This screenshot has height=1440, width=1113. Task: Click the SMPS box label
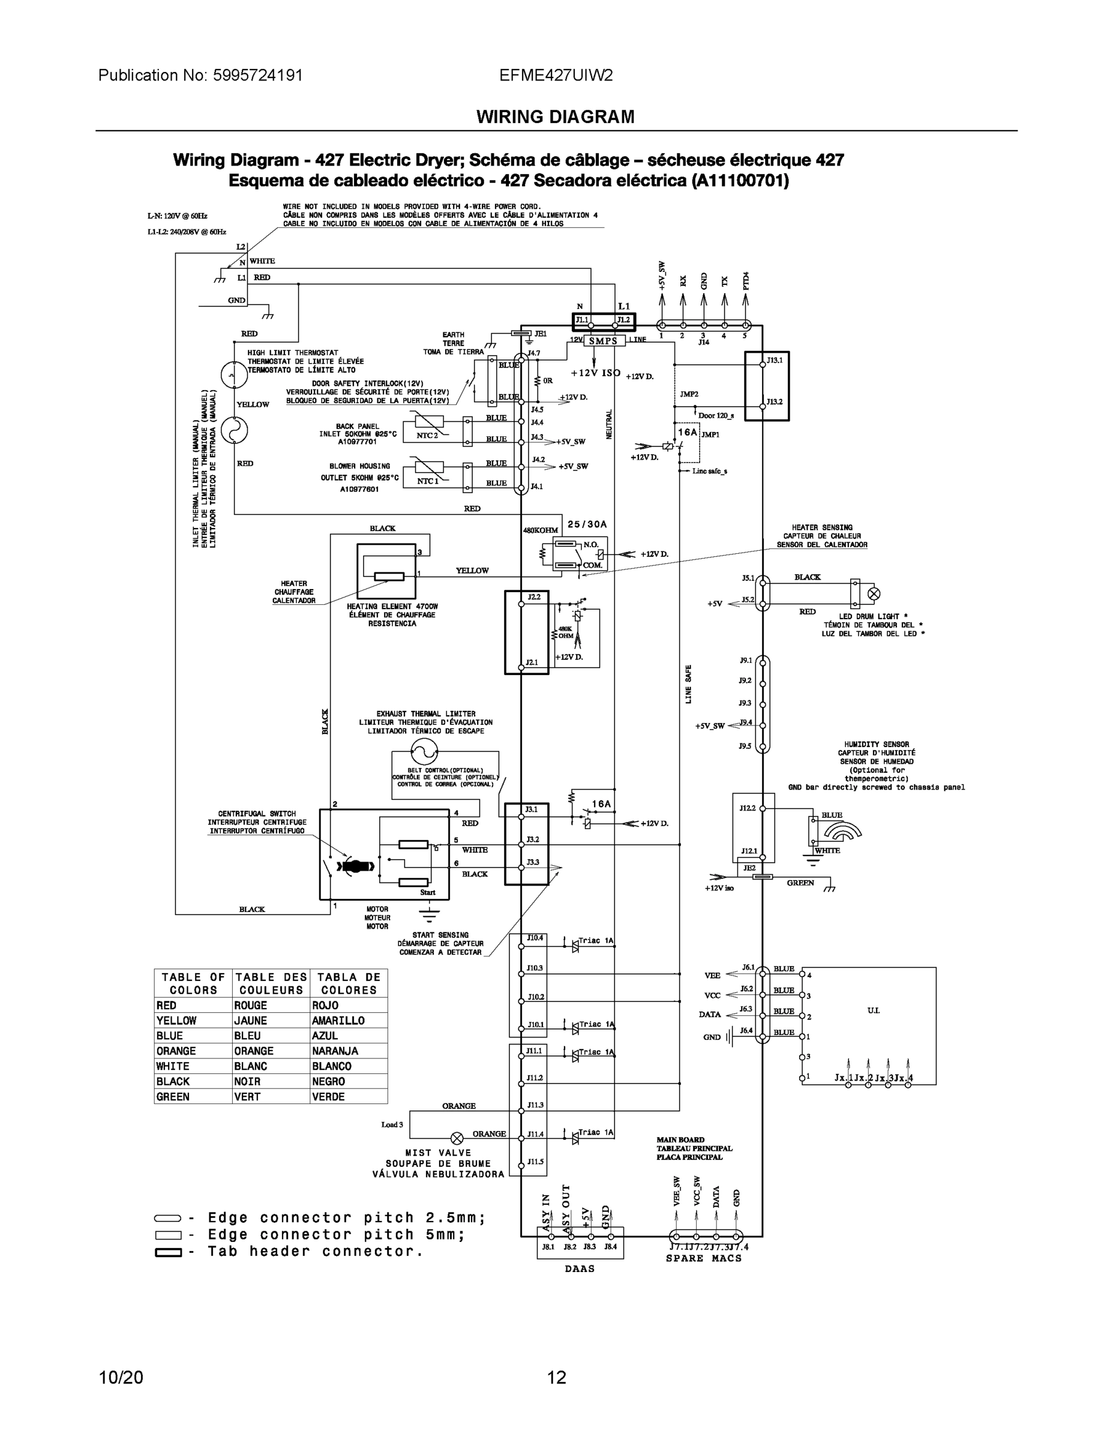tap(602, 341)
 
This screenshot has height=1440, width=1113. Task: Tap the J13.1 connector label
tap(774, 361)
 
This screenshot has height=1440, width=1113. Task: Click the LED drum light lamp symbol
tap(874, 593)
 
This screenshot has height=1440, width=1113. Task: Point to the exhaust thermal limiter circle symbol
tap(424, 751)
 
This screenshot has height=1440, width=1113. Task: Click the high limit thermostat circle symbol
tap(233, 375)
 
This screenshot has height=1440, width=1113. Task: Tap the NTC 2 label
tap(427, 435)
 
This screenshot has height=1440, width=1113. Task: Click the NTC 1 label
tap(427, 481)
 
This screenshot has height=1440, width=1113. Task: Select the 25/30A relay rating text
tap(587, 524)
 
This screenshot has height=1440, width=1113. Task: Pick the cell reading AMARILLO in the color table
tap(338, 1021)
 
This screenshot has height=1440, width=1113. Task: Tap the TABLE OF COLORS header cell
tap(193, 984)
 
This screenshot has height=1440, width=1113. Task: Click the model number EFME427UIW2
tap(556, 75)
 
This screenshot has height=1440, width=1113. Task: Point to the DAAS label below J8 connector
tap(580, 1268)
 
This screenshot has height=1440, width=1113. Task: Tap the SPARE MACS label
tap(704, 1258)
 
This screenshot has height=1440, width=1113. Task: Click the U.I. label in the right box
tap(873, 1010)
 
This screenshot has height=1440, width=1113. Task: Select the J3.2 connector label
tap(532, 839)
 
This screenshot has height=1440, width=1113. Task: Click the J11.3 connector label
tap(535, 1105)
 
